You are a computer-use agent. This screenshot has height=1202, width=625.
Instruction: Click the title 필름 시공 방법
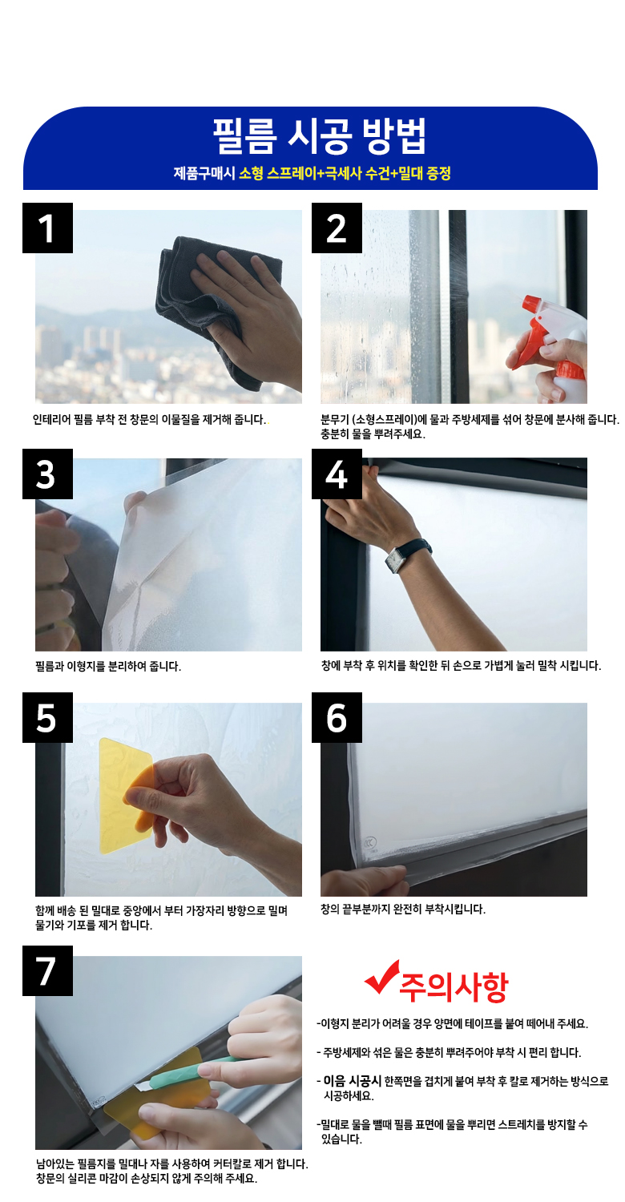[x=320, y=135]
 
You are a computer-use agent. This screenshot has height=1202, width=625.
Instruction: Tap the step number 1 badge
[x=47, y=228]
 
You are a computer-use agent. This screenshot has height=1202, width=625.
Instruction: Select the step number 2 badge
[x=337, y=228]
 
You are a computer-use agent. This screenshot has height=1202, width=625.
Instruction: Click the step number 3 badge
[x=47, y=474]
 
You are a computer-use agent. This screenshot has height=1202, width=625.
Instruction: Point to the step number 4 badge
[x=337, y=474]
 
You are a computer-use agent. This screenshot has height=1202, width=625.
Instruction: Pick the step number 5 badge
[x=47, y=717]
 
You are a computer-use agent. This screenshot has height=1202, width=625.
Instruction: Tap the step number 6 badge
[x=337, y=717]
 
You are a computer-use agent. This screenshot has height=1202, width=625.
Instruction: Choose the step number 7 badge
[x=47, y=970]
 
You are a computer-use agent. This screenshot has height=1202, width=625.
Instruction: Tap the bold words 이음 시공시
[x=352, y=1081]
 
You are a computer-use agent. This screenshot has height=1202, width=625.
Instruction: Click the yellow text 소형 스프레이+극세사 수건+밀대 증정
[x=345, y=173]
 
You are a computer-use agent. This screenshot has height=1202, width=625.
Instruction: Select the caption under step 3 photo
[x=108, y=667]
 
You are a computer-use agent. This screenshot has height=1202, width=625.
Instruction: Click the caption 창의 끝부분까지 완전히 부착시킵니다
[x=403, y=909]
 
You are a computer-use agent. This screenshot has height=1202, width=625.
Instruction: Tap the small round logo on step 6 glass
[x=370, y=842]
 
